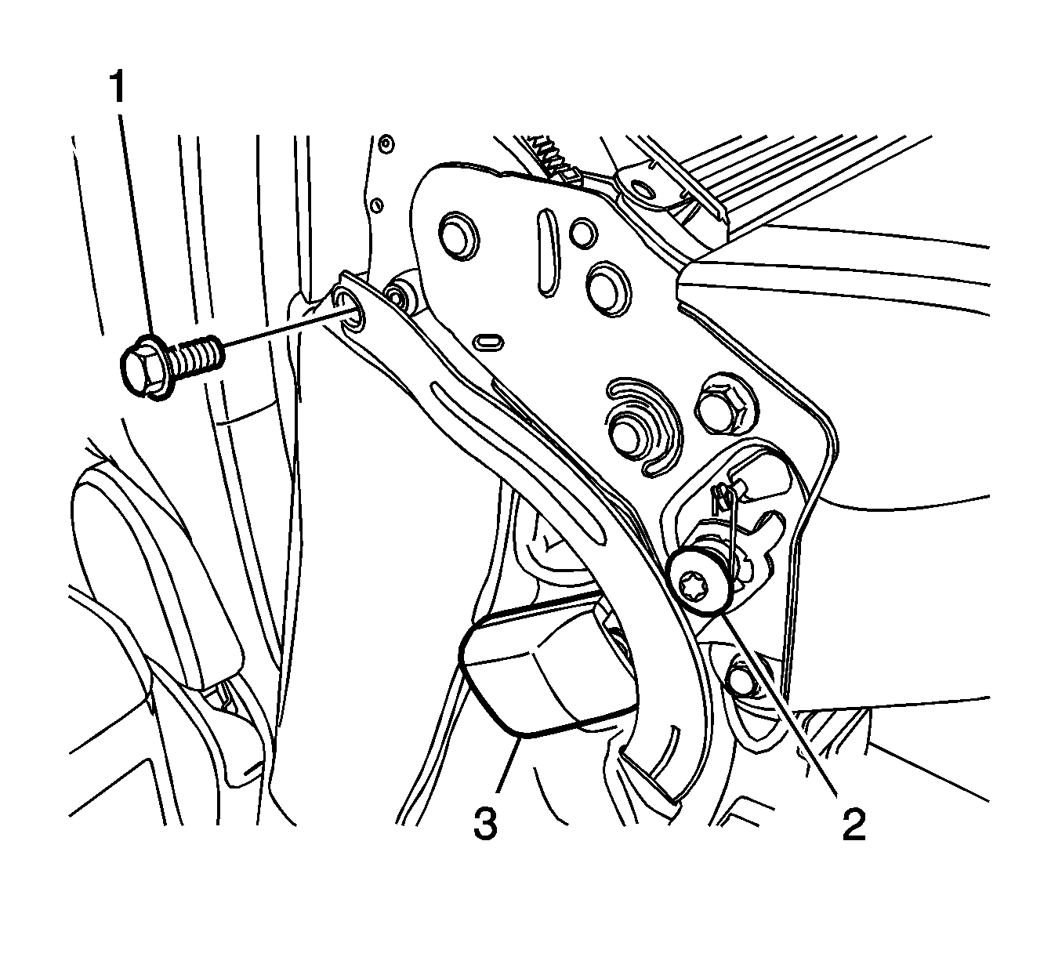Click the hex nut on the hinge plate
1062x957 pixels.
tap(723, 404)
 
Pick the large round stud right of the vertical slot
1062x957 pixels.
tap(607, 288)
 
